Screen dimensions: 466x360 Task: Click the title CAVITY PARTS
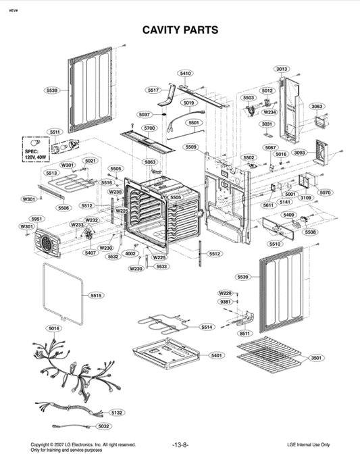(x=180, y=30)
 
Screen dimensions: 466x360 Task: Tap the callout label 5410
(x=185, y=73)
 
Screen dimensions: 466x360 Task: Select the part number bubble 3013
(x=281, y=69)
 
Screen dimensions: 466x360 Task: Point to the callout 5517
(x=153, y=90)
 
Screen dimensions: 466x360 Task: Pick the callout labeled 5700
(x=149, y=128)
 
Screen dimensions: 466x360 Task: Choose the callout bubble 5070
(x=325, y=192)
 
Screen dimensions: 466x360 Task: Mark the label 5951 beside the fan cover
(x=36, y=219)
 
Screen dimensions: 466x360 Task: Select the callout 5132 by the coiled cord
(x=116, y=412)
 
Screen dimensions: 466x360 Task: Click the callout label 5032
(x=103, y=426)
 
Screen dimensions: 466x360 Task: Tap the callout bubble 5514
(x=207, y=327)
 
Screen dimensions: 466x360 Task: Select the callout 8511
(x=244, y=334)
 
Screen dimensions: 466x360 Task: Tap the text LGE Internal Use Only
(x=308, y=444)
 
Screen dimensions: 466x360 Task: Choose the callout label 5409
(x=289, y=215)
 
